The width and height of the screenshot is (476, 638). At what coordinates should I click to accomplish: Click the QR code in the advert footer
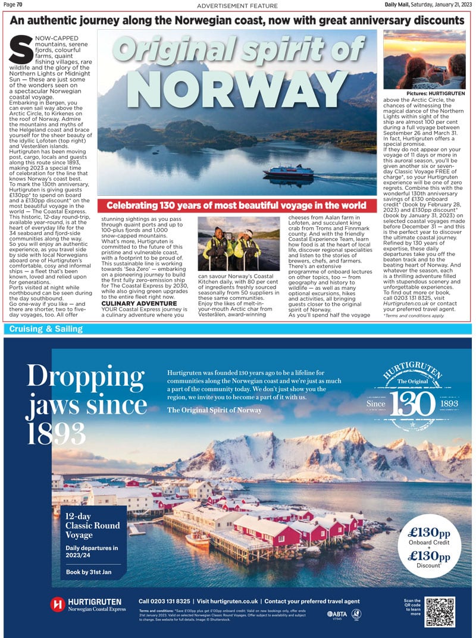click(x=440, y=612)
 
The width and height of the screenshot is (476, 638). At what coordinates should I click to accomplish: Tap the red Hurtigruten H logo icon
click(x=57, y=605)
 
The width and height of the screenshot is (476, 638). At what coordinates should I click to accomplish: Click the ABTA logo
click(x=335, y=614)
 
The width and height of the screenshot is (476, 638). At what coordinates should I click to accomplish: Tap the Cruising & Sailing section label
click(x=45, y=329)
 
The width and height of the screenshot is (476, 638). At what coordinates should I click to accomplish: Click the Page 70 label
click(x=13, y=5)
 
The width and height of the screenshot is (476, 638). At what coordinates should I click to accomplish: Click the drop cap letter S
click(x=20, y=50)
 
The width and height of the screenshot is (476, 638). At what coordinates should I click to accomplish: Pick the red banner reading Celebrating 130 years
click(x=236, y=205)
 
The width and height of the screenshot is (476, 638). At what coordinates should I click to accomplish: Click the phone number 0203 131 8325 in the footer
click(x=164, y=601)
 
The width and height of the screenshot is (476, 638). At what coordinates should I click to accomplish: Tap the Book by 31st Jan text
click(x=89, y=573)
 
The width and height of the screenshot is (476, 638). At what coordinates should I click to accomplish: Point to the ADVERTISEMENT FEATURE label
click(x=237, y=5)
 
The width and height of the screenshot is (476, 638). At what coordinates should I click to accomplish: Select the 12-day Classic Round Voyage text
click(x=92, y=526)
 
